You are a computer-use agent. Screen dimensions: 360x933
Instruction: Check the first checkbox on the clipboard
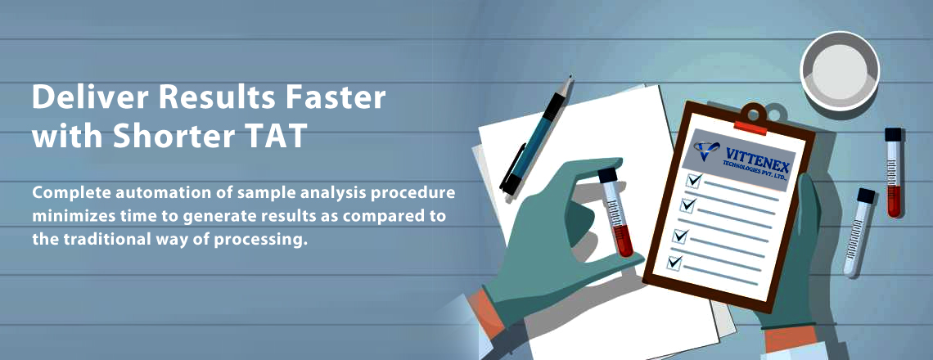694,179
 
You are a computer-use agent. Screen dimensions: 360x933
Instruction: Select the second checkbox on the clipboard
687,205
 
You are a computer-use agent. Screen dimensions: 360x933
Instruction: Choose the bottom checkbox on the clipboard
674,263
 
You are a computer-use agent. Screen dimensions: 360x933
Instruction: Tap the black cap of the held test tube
607,175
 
